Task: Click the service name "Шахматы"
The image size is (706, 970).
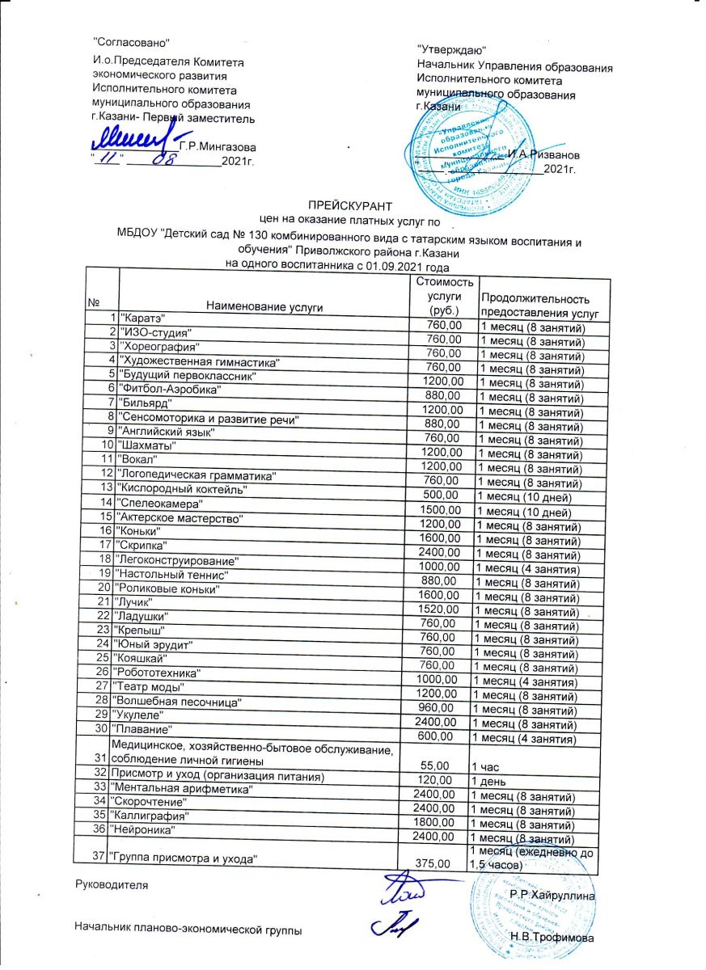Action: click(147, 445)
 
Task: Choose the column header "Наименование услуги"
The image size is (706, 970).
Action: click(264, 306)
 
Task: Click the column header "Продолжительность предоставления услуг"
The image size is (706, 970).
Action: click(539, 305)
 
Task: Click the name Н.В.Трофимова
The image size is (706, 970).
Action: click(552, 938)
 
